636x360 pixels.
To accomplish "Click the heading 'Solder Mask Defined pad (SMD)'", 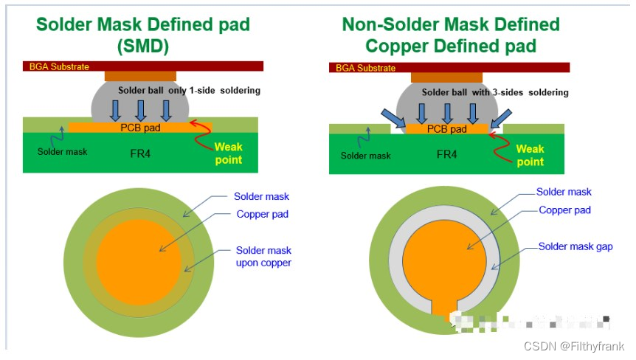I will (144, 35).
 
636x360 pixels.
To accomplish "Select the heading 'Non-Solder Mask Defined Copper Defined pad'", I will (451, 35).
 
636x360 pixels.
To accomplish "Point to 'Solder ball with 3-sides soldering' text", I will (495, 93).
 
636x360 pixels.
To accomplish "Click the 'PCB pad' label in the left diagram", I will (140, 128).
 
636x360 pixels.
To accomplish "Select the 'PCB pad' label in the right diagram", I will (447, 130).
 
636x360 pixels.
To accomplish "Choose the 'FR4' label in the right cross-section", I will (447, 155).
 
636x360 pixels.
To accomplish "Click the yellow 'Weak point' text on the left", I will (228, 153).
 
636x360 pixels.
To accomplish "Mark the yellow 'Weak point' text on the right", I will (530, 155).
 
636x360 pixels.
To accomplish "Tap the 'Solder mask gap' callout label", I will (575, 247).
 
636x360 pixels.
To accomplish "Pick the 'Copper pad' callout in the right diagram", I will (564, 210).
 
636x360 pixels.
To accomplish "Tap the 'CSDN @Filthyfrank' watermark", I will (574, 345).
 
